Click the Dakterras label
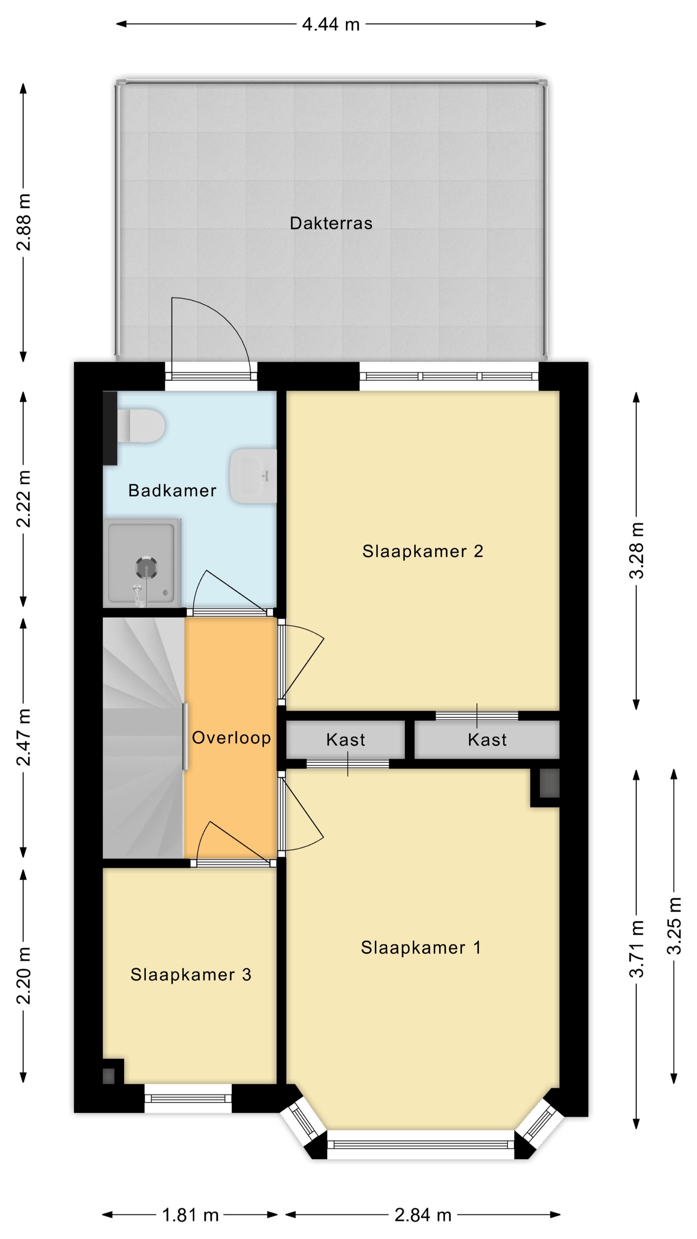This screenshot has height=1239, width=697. tap(331, 223)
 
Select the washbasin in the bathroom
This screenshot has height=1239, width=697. tap(253, 476)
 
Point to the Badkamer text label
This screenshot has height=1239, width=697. tap(172, 490)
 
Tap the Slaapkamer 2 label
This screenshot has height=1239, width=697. tap(422, 551)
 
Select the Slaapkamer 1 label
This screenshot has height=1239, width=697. tap(421, 948)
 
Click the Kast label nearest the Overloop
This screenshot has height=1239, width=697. tap(345, 740)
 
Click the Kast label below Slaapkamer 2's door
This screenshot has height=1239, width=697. tap(487, 740)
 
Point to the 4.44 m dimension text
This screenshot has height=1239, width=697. tap(331, 24)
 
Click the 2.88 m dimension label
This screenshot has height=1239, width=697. tap(24, 222)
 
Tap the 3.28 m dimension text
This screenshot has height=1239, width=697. tap(637, 551)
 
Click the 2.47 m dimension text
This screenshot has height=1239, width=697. tap(24, 737)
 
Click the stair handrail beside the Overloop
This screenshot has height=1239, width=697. tap(185, 737)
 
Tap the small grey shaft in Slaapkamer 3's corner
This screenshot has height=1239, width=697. tap(109, 1075)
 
